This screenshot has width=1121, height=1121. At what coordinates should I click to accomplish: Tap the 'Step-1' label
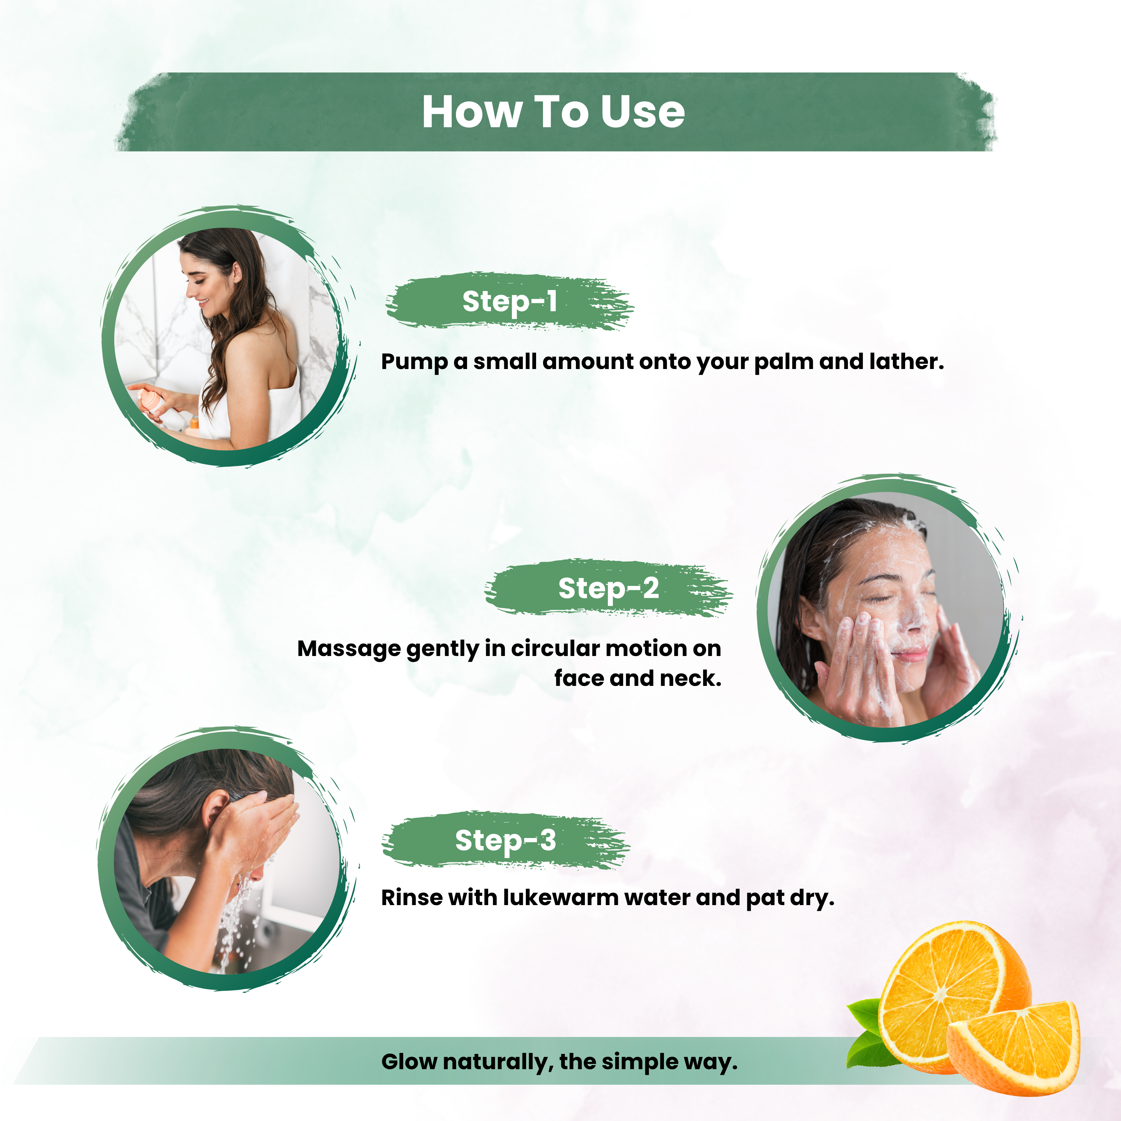[x=510, y=301]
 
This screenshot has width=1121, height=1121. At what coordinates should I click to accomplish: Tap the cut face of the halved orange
[x=940, y=992]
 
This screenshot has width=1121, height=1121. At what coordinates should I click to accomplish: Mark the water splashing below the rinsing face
[x=235, y=923]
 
